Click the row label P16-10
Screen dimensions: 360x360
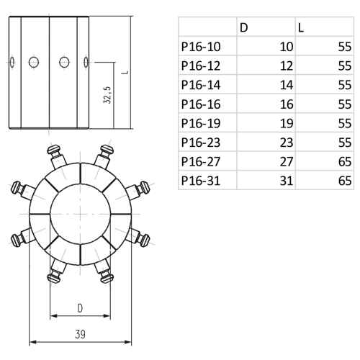tap(201, 47)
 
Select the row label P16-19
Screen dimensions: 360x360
tap(201, 123)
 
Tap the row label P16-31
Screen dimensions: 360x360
tap(201, 181)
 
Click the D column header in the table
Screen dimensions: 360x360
tap(243, 28)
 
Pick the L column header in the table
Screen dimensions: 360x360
tap(301, 28)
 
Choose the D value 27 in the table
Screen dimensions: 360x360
tap(287, 162)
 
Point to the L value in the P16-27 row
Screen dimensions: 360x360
tap(345, 162)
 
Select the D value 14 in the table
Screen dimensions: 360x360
tap(287, 85)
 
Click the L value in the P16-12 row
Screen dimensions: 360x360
tap(345, 66)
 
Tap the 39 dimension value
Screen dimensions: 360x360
tap(80, 334)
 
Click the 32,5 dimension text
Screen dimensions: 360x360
tap(107, 95)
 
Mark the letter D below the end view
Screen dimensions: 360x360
tap(80, 308)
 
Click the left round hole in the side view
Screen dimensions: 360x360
tap(34, 62)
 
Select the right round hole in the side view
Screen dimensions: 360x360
tap(64, 62)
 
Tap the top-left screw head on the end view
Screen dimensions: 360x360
tap(53, 150)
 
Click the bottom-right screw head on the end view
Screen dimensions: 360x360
tap(107, 279)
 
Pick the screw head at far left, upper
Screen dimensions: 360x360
tap(16, 188)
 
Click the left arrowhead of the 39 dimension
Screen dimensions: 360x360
tap(32, 341)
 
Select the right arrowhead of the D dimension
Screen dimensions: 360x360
tap(107, 315)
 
